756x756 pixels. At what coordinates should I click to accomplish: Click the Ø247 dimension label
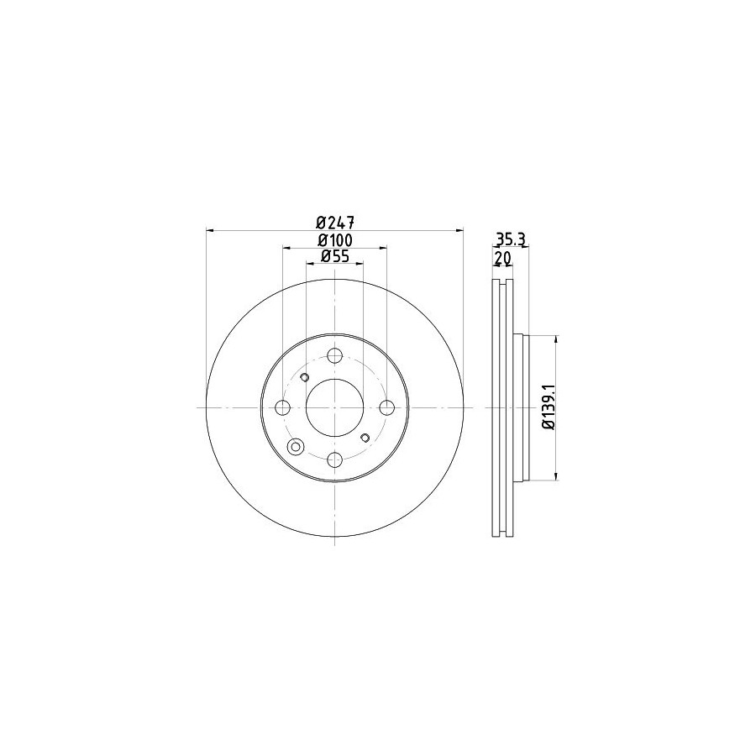[335, 223]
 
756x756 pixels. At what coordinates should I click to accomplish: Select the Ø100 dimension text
[335, 239]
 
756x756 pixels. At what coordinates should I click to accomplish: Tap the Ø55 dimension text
[334, 256]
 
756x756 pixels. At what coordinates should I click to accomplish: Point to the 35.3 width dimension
[510, 239]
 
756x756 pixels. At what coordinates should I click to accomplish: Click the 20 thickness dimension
[502, 259]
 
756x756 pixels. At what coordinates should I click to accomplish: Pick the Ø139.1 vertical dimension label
[549, 407]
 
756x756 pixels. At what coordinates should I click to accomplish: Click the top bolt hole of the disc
[334, 356]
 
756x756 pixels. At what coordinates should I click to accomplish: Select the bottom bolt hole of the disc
[334, 459]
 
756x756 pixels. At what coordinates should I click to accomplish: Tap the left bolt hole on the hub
[282, 408]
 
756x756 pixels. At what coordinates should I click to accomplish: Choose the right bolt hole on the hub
[386, 408]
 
